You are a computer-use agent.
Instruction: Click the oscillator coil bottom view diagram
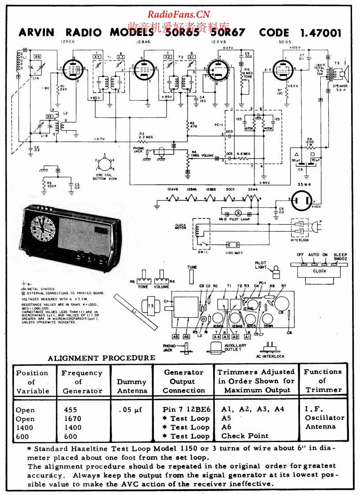[x=105, y=165]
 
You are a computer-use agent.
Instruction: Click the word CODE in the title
[x=274, y=33]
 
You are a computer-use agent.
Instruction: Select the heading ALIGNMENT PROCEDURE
[x=101, y=358]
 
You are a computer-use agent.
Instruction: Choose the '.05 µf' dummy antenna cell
[x=131, y=410]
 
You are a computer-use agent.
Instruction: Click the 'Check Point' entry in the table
[x=245, y=436]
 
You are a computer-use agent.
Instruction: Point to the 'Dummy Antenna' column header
[x=131, y=386]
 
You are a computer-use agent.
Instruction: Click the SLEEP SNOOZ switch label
[x=340, y=257]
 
